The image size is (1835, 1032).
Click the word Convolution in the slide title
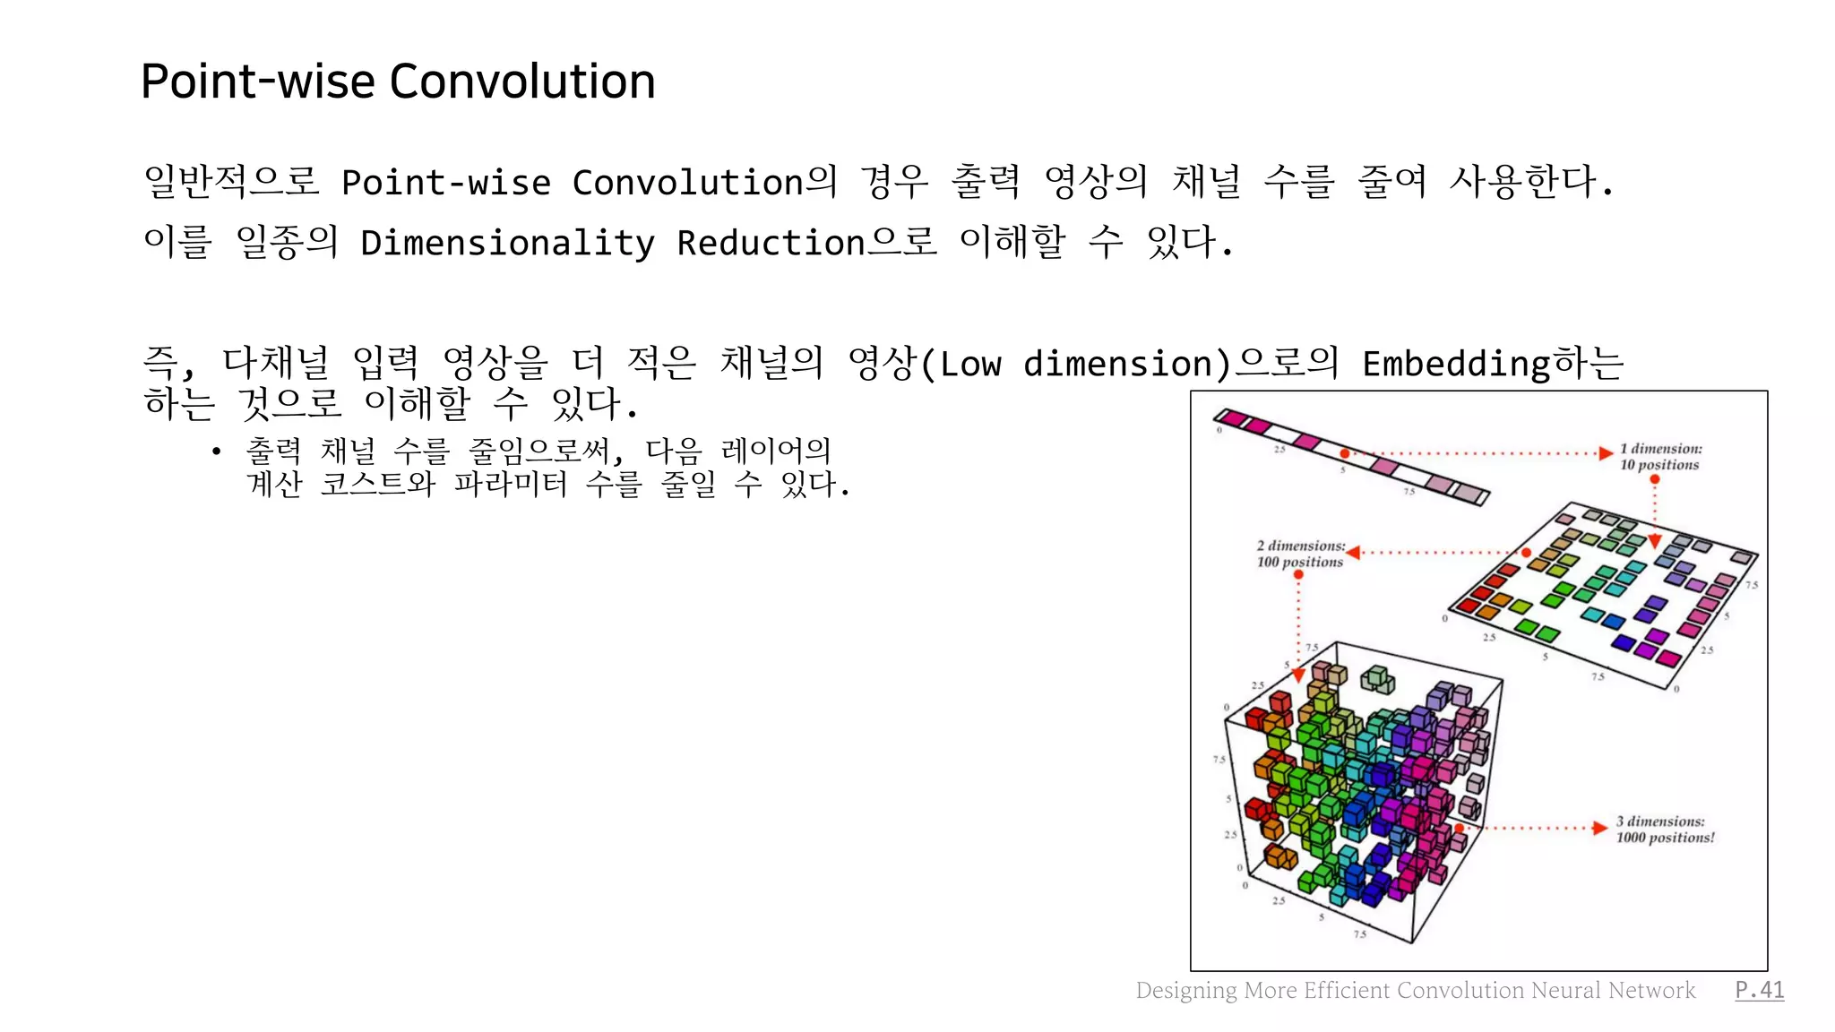(522, 82)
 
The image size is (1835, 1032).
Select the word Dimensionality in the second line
(507, 243)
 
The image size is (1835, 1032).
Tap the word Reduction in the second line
(771, 243)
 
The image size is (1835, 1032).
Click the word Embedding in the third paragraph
(1456, 364)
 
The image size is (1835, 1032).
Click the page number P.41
(1759, 990)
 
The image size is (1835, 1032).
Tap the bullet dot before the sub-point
(216, 451)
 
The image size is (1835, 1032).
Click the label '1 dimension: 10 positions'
(1659, 457)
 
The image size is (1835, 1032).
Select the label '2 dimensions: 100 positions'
(1300, 554)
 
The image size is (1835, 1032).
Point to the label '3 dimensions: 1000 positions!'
(1665, 830)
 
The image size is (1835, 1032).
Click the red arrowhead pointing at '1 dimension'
(1606, 453)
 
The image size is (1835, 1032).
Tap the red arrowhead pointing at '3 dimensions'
(1599, 828)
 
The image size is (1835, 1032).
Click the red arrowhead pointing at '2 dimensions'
(1354, 553)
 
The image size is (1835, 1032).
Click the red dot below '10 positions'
(1655, 479)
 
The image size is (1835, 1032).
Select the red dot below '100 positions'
(1298, 575)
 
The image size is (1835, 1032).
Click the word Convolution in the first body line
(687, 183)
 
